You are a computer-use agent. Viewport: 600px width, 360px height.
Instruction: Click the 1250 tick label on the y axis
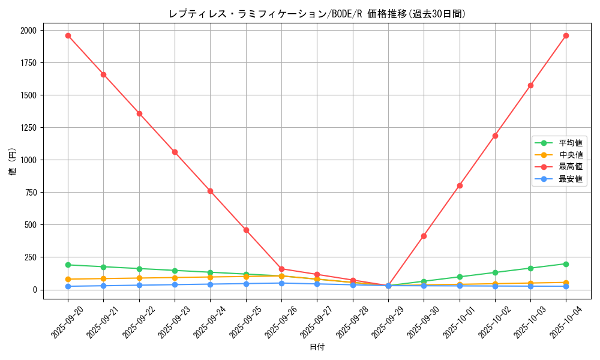coord(28,128)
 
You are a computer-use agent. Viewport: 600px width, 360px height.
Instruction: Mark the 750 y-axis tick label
coord(30,193)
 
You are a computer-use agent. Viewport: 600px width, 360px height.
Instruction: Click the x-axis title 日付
coord(317,347)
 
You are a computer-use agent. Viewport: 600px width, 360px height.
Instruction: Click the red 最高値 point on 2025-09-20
coord(68,35)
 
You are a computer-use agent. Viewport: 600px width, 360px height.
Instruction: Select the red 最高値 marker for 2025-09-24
coord(210,191)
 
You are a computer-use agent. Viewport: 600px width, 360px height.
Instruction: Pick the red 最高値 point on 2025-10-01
coord(460,185)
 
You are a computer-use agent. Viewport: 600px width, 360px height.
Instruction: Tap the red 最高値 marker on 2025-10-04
coord(566,35)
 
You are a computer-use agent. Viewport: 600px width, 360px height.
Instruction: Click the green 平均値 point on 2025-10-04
coord(566,264)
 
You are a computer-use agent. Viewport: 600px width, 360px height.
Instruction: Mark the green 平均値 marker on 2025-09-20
coord(68,265)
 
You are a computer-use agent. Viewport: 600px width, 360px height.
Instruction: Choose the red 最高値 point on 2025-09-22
coord(139,113)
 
